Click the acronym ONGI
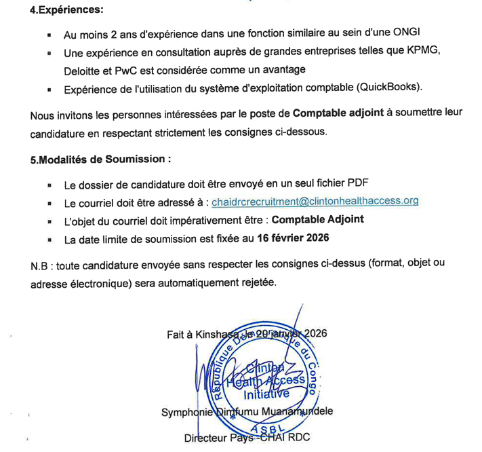[x=410, y=35]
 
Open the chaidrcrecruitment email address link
[x=315, y=202]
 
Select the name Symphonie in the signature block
[x=183, y=413]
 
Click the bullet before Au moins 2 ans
[x=49, y=35]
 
